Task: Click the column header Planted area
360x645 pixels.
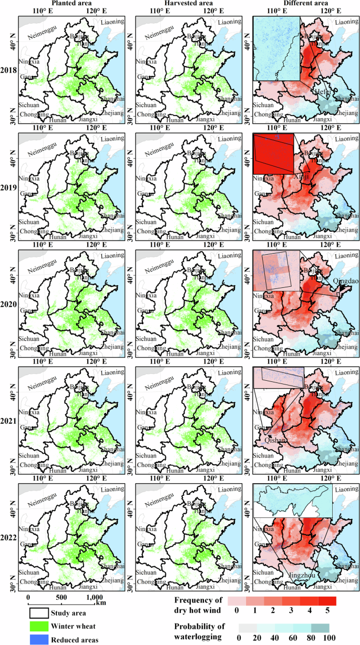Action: tap(65, 4)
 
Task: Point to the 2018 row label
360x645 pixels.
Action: tap(8, 70)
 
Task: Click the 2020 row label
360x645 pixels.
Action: tap(8, 304)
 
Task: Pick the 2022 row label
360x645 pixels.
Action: tap(8, 537)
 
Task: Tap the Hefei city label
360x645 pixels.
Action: tap(322, 92)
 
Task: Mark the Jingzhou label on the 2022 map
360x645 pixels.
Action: tap(300, 576)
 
